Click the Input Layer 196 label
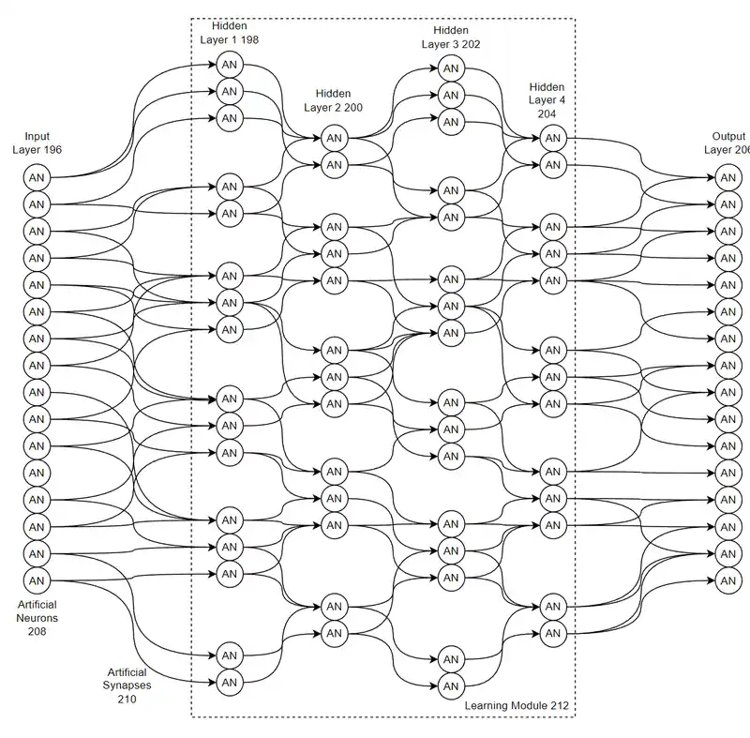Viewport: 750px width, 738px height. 37,143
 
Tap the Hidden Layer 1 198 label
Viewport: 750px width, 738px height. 229,33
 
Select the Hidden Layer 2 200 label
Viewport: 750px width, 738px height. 333,100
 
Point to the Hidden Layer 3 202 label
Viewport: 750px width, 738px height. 450,37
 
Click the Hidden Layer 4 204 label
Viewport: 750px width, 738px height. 547,99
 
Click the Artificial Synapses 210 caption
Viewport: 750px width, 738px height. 127,685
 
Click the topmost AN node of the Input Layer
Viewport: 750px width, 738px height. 37,177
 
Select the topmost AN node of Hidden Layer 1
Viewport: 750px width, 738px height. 230,65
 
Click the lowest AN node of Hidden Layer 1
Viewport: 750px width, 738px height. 230,682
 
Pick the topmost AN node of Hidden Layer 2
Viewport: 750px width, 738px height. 334,138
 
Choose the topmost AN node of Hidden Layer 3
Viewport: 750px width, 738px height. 451,68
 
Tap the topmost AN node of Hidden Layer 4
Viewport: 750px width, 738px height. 553,138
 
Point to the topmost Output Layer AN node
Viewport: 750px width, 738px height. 727,177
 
